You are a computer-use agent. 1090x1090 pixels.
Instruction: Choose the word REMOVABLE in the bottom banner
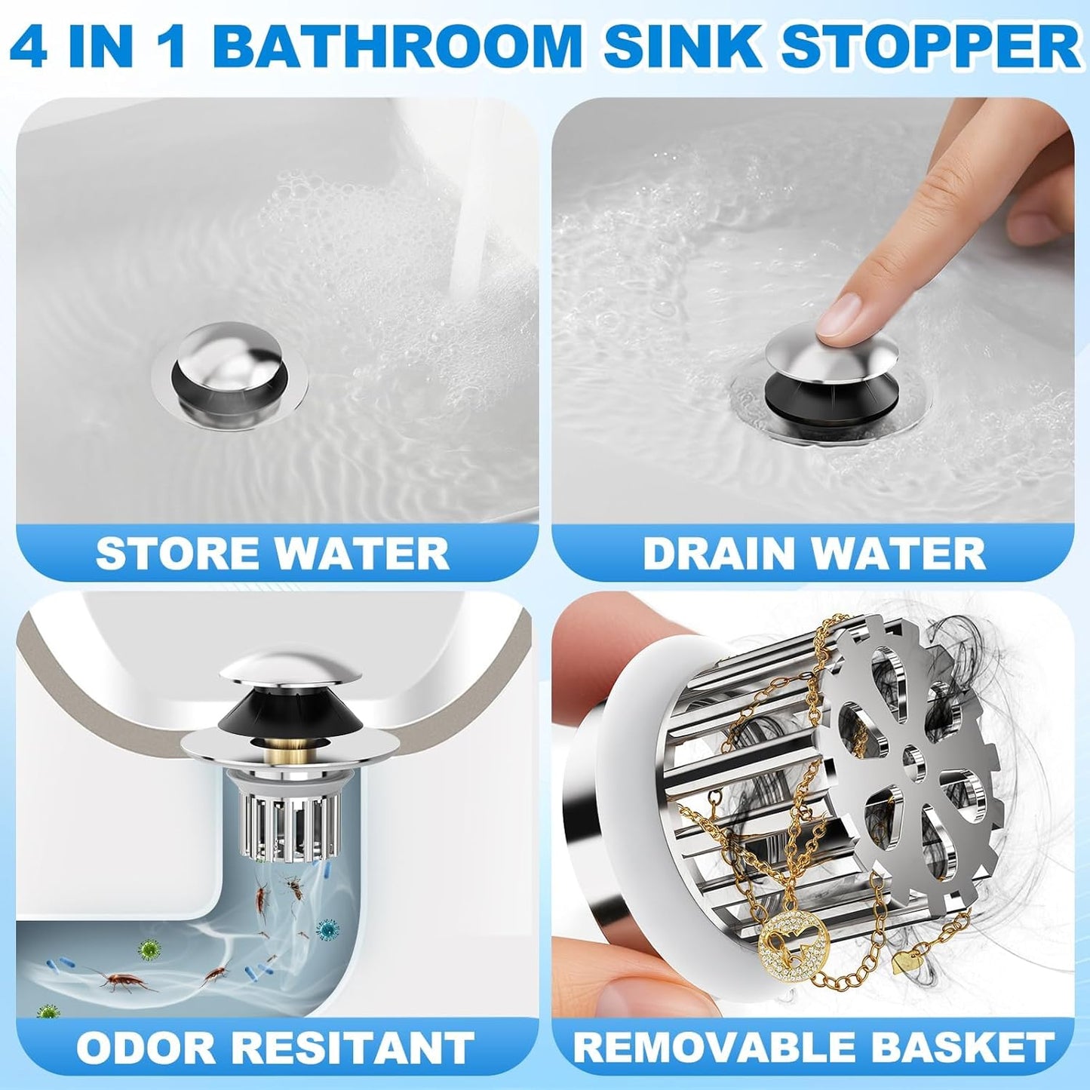[x=714, y=1048]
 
